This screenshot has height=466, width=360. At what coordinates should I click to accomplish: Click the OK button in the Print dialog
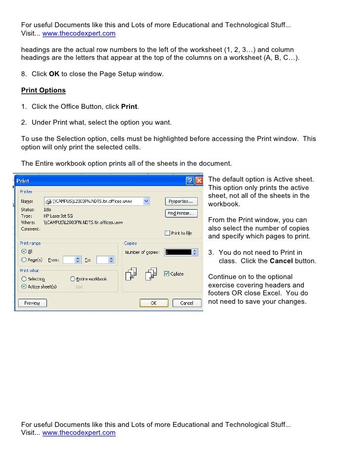[x=153, y=303]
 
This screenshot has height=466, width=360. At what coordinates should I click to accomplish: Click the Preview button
[x=32, y=303]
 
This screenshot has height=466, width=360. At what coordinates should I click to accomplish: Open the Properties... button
[x=181, y=201]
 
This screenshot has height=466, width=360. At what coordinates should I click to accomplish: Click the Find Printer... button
[x=181, y=213]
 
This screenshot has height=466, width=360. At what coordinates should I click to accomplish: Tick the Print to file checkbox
[x=168, y=233]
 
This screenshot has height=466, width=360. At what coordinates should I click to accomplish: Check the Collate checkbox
[x=166, y=274]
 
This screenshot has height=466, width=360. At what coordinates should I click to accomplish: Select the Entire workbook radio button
[x=73, y=279]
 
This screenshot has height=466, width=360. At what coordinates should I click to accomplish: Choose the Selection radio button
[x=24, y=279]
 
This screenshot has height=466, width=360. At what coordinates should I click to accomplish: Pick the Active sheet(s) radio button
[x=24, y=286]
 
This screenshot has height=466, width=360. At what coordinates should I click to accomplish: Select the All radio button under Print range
[x=24, y=251]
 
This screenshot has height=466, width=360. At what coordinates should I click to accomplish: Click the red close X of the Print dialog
[x=199, y=181]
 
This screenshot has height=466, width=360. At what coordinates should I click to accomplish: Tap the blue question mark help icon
[x=190, y=181]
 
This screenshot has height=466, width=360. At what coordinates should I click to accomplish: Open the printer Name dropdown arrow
[x=146, y=201]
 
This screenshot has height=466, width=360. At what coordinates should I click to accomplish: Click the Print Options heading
[x=44, y=91]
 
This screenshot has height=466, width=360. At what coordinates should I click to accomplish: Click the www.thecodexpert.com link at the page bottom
[x=79, y=432]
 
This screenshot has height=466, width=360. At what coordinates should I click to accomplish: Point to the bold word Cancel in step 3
[x=281, y=261]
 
